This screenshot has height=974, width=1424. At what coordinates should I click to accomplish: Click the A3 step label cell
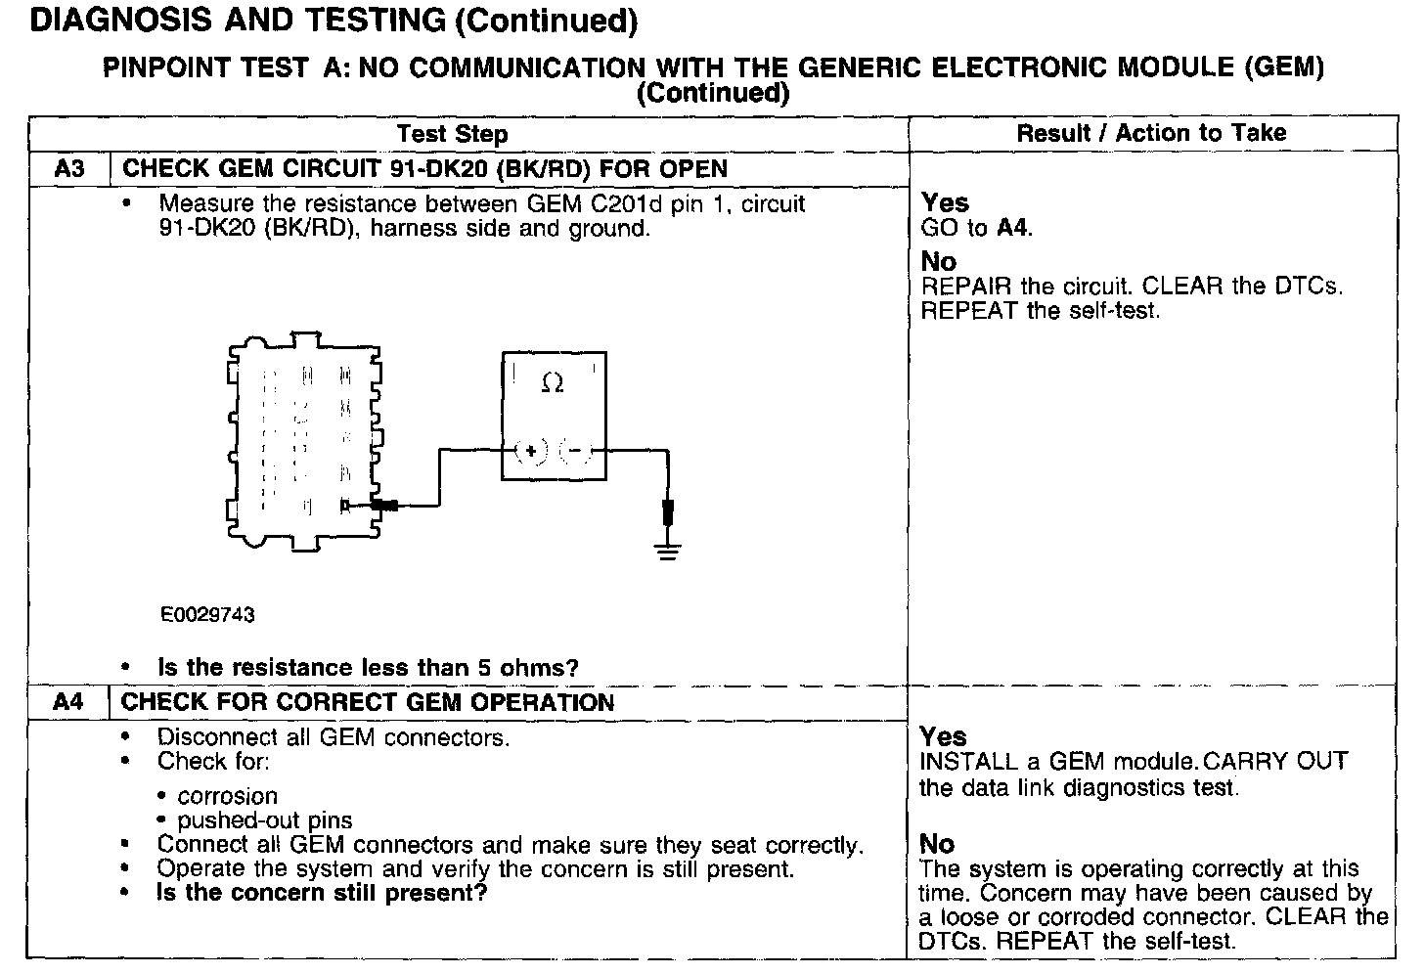(69, 168)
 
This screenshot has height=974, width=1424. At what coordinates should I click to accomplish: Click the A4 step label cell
(68, 702)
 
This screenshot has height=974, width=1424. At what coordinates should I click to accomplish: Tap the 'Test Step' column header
(452, 134)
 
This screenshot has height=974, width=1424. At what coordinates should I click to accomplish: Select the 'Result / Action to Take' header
(1151, 133)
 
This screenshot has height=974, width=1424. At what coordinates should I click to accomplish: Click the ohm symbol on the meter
(552, 384)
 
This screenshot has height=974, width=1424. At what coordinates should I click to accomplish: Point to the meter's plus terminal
(530, 451)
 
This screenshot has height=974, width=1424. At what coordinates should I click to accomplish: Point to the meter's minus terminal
(575, 451)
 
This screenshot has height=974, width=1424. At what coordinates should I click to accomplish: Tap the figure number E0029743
(207, 614)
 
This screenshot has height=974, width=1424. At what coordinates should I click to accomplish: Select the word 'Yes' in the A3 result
(945, 202)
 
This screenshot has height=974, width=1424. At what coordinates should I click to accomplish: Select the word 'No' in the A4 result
(937, 844)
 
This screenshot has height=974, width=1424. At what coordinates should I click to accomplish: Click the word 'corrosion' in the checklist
(227, 796)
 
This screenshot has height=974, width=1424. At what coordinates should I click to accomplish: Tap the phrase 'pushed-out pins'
(264, 820)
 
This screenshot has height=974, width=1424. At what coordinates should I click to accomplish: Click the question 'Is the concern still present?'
(321, 893)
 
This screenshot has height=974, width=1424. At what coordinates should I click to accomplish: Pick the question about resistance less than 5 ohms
(368, 668)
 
